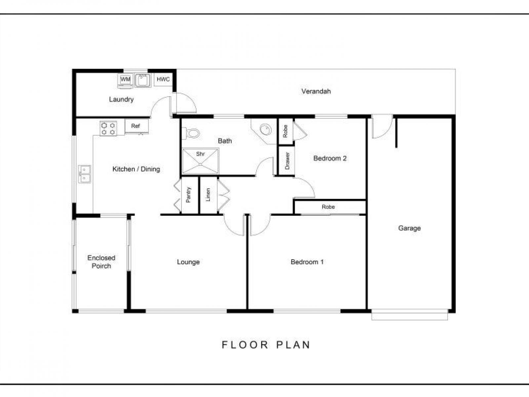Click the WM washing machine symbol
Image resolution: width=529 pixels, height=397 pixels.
click(x=125, y=81)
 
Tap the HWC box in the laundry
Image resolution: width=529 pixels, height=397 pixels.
click(x=163, y=79)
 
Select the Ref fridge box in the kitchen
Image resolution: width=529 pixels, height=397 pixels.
click(x=137, y=126)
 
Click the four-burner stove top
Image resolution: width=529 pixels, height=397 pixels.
click(x=108, y=129)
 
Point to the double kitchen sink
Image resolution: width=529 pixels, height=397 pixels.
click(x=84, y=174)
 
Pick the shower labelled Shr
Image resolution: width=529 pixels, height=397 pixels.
click(x=200, y=161)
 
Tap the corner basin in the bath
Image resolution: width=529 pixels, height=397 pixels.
click(x=265, y=131)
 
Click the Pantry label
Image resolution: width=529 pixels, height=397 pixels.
click(x=188, y=195)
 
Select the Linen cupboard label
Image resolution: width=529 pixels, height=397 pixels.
click(x=208, y=195)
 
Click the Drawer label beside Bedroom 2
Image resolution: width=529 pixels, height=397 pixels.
click(x=287, y=161)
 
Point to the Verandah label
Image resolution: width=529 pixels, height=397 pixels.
click(x=316, y=91)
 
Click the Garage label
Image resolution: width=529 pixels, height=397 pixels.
click(x=409, y=228)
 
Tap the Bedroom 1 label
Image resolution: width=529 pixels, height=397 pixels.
click(x=307, y=262)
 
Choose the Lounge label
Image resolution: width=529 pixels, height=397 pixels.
click(x=188, y=262)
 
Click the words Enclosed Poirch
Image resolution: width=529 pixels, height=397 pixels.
click(x=101, y=262)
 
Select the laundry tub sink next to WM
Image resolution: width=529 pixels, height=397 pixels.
click(x=143, y=80)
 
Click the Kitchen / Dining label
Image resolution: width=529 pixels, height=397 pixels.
click(x=136, y=169)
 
